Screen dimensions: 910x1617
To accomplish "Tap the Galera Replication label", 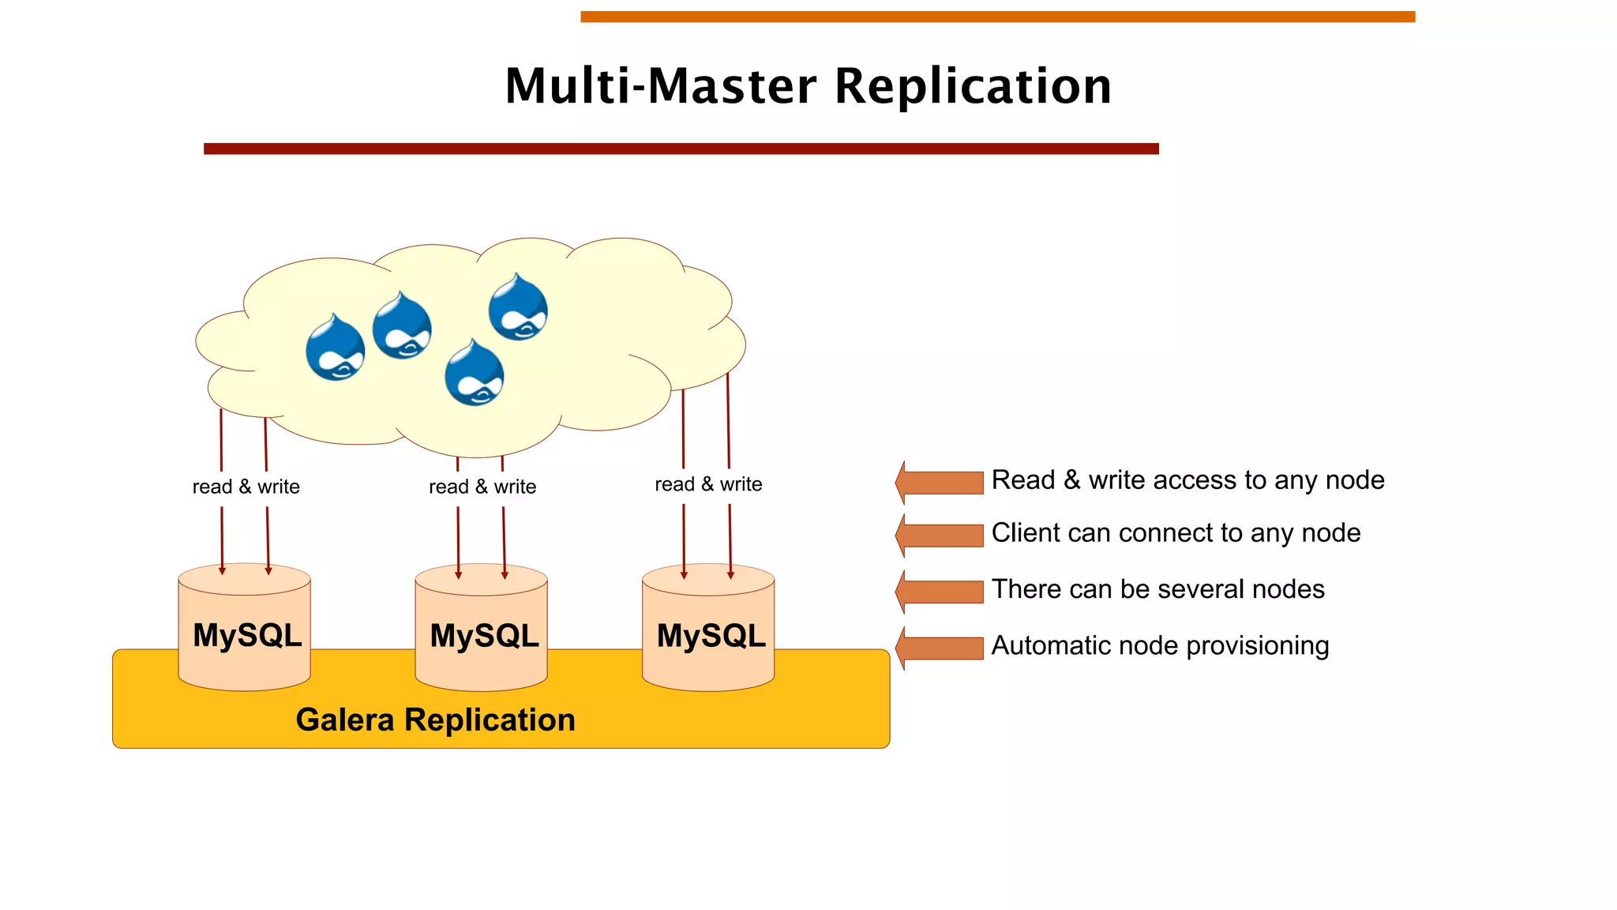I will (x=435, y=720).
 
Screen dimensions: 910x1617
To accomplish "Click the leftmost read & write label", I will (x=246, y=487).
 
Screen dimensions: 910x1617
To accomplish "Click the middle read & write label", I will (x=482, y=487).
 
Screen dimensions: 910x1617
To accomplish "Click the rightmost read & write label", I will (x=708, y=484).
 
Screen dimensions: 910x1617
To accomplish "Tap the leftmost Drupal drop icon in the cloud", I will (x=336, y=348).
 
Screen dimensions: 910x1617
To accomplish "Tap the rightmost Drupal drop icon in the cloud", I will (x=518, y=308).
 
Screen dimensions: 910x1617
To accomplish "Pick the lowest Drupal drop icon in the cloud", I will (x=474, y=374).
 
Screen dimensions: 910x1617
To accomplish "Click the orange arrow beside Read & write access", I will (x=940, y=482).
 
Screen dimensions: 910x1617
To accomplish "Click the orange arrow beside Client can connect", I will (x=940, y=535).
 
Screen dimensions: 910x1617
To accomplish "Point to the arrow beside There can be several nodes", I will (x=940, y=591).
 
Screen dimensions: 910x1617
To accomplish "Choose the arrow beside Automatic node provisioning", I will (x=940, y=647).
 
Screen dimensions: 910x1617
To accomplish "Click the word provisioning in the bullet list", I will (x=1257, y=646).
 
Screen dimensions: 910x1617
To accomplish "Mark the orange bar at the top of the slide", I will (x=997, y=17).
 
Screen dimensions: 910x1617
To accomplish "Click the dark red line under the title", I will (x=681, y=149).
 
